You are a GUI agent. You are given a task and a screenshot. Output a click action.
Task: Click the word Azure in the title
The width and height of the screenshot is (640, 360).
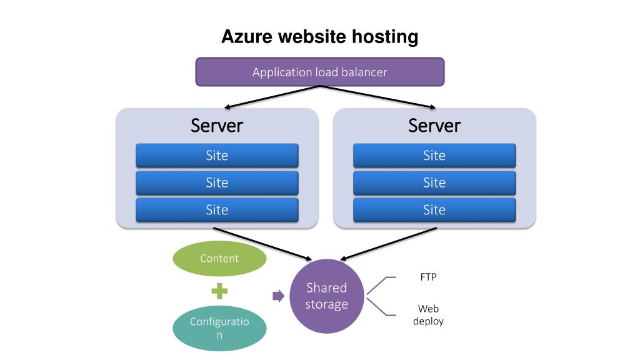point(247,37)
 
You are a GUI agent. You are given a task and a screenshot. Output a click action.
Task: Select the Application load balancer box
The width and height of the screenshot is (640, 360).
point(320,72)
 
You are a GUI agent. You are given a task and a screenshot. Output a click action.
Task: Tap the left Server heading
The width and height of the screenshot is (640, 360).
point(217,126)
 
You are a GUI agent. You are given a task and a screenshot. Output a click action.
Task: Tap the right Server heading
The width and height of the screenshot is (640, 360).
point(434,126)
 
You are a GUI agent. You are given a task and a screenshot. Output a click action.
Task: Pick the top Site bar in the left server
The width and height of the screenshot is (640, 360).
point(217,156)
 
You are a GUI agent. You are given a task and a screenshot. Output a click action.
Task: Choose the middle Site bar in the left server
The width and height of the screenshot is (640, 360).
point(217,182)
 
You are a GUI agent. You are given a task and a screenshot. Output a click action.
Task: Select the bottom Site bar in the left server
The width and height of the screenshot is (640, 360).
point(217,210)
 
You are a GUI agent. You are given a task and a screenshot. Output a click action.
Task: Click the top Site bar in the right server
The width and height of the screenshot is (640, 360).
point(434,156)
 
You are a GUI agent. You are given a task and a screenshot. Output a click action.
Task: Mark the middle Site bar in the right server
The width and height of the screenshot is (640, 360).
point(434,182)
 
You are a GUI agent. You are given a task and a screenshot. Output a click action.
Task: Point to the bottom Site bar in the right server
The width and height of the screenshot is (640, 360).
point(434,210)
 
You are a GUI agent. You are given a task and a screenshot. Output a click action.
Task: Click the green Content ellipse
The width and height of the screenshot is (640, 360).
point(219,259)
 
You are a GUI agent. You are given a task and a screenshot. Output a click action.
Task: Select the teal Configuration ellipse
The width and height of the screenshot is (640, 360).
point(219,328)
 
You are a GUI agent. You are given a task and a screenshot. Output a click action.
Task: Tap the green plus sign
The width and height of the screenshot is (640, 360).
point(219,291)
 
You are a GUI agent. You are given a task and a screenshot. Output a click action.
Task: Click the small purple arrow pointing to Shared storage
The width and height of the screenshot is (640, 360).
point(278,296)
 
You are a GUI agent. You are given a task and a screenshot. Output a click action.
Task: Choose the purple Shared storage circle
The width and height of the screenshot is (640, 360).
point(326,296)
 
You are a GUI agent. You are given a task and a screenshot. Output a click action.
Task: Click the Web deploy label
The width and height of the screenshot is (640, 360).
point(428,315)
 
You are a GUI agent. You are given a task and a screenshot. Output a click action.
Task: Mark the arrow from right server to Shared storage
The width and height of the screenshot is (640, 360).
point(387,244)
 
